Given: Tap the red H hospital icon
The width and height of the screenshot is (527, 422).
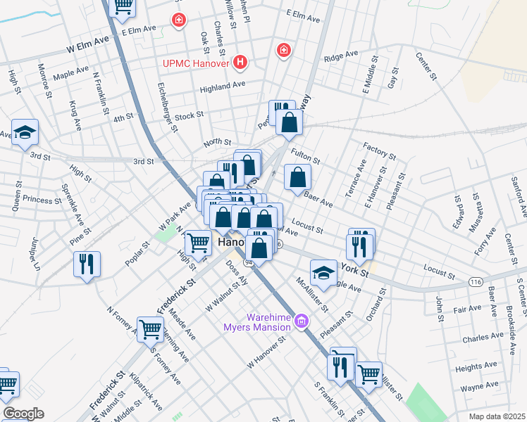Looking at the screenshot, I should (241, 63).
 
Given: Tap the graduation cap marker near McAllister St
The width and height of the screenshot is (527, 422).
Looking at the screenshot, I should (323, 273).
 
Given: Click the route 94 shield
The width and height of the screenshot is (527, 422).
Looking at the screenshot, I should (249, 262).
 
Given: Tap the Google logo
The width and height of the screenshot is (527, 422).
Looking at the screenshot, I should (23, 414).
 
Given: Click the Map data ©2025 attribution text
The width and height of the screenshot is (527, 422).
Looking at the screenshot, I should (497, 416).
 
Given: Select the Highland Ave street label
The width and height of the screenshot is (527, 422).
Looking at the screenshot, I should (222, 86).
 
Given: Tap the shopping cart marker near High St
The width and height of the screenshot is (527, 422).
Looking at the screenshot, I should (198, 243).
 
